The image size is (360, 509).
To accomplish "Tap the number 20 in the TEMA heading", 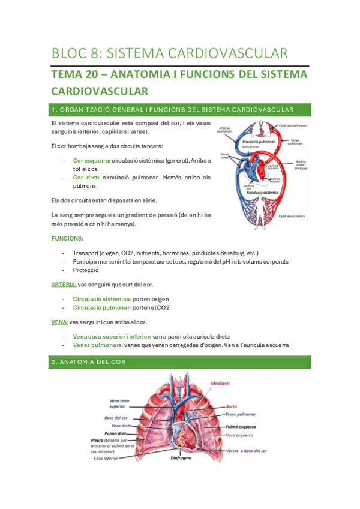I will [x=94, y=75].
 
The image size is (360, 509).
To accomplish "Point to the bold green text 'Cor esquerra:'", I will [x=91, y=161].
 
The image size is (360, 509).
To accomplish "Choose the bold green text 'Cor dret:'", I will [x=86, y=178].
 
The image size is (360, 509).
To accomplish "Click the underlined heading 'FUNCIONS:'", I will [x=67, y=238].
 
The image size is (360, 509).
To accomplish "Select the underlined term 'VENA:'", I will [x=59, y=322].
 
